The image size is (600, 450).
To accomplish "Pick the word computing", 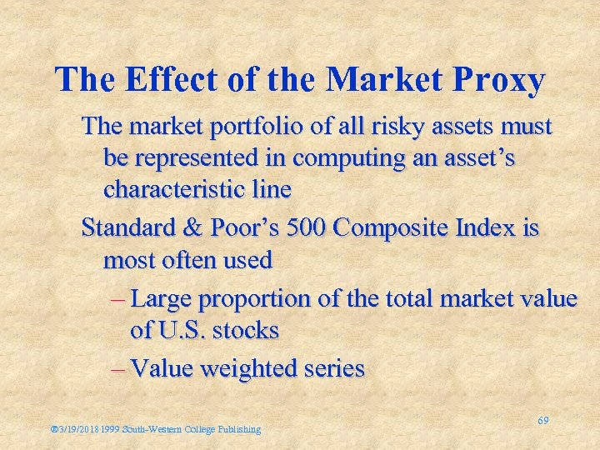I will pos(371,157).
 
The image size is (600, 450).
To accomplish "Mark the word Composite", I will pos(394,228).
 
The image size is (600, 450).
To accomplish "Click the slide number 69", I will pos(542,422).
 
